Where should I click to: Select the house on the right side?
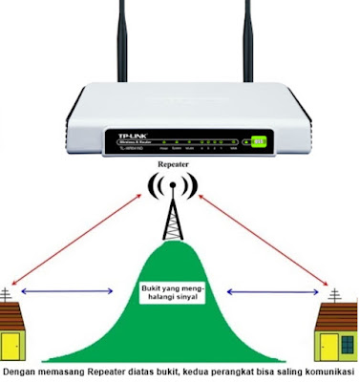338,329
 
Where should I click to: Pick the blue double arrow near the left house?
61,289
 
